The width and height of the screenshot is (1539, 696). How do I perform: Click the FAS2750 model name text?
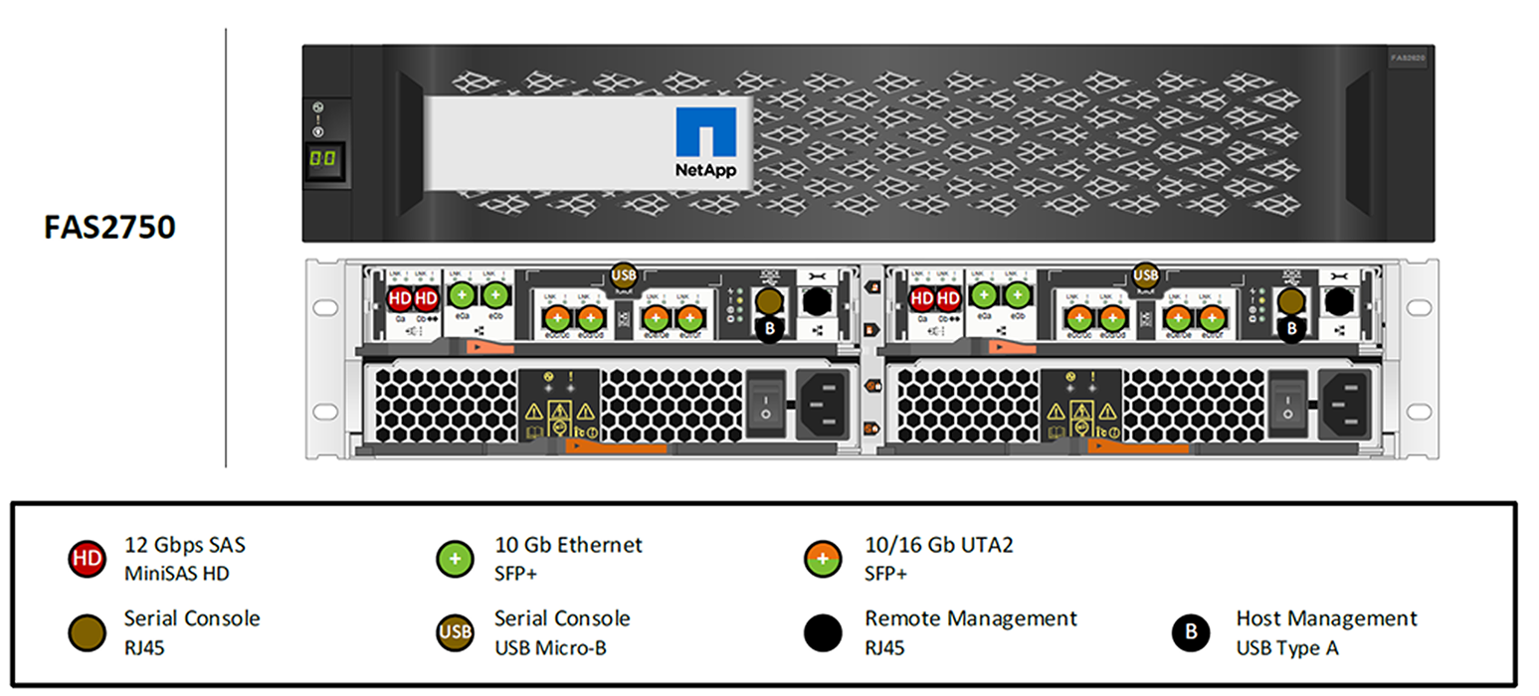[x=109, y=228]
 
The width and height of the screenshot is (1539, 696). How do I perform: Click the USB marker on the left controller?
[x=624, y=274]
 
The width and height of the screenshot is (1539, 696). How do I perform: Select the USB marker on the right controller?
[x=1146, y=274]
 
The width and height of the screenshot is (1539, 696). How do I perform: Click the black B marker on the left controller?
[x=768, y=325]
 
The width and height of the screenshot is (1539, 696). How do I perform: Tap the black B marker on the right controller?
[x=1291, y=325]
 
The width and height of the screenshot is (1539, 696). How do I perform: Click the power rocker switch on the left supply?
[x=764, y=403]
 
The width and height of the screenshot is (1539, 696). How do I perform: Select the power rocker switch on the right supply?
[x=1286, y=403]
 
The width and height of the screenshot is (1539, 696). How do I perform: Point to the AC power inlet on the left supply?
[x=826, y=403]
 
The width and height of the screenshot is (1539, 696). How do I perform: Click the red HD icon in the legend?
[x=87, y=558]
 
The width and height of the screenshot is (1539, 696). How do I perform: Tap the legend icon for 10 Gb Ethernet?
[x=456, y=558]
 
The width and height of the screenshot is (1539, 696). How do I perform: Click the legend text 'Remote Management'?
[x=970, y=618]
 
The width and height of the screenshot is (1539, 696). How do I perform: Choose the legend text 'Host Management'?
[x=1326, y=618]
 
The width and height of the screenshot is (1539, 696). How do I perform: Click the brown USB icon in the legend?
[x=456, y=632]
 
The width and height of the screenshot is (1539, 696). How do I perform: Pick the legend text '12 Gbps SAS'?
[x=185, y=545]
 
